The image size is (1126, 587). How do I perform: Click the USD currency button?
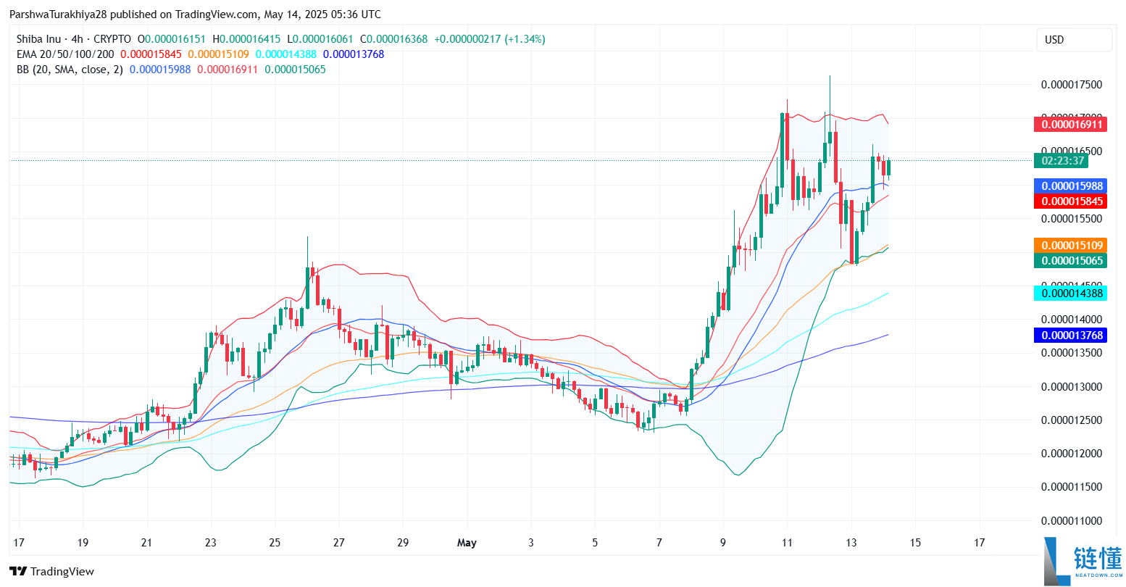1074,40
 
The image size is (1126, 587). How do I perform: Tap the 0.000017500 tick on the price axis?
1071,85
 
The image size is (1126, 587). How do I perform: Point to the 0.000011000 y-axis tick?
1071,521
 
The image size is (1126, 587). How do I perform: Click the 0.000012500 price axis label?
1071,420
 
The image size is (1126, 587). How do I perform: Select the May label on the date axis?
467,543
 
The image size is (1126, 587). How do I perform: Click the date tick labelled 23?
210,543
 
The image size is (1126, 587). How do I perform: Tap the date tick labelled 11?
787,543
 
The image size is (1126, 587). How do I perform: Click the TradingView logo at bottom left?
52,572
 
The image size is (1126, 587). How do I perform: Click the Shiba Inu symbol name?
38,39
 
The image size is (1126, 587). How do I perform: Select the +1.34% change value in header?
525,39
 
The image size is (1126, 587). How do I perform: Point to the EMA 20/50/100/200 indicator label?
65,54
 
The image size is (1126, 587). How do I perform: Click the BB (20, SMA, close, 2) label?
70,70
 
